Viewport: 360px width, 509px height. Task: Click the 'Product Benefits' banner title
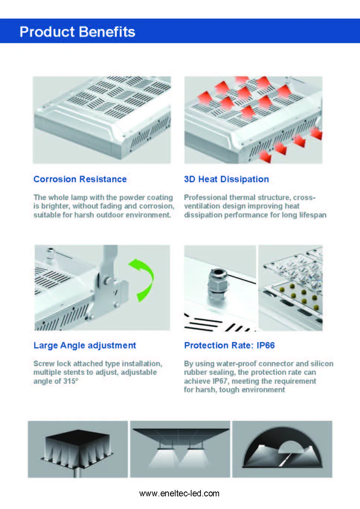(77, 32)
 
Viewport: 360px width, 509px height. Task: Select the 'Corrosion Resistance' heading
(80, 179)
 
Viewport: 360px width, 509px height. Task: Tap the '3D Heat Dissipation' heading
(226, 179)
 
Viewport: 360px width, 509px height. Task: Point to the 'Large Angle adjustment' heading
(85, 345)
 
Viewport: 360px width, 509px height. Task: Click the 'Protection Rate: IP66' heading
(229, 345)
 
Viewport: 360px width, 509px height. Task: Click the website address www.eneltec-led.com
(179, 493)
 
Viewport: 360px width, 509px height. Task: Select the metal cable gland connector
(218, 284)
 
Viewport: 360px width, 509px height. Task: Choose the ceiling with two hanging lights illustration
(180, 449)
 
